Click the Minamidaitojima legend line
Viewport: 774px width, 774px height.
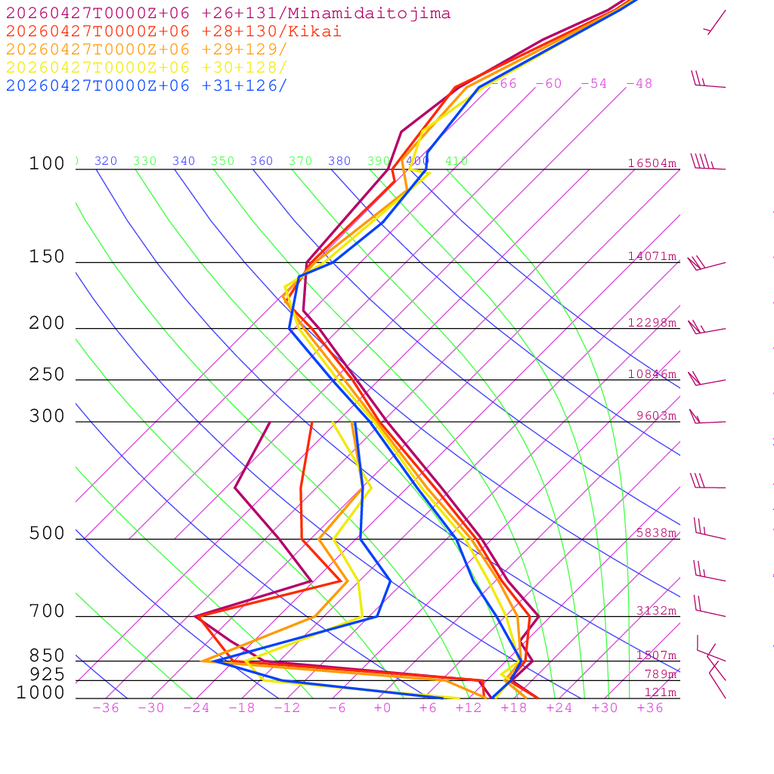point(228,14)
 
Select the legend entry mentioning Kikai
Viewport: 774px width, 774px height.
point(174,32)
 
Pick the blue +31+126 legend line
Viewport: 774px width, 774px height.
point(147,86)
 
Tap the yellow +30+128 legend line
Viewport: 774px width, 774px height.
point(147,68)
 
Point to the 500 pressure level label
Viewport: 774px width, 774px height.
point(47,534)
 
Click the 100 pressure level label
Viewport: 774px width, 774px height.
point(47,164)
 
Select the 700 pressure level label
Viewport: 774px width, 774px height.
point(47,611)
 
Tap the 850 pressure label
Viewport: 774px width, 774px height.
point(47,656)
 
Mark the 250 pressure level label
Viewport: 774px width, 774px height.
point(47,375)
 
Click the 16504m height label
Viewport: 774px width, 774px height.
point(652,163)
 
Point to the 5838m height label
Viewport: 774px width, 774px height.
point(656,533)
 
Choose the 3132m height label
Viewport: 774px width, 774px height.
point(656,611)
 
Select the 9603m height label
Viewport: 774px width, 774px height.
point(656,416)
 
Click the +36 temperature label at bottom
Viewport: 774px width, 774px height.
point(650,708)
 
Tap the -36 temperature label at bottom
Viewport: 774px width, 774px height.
point(106,708)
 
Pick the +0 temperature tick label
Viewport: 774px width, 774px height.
point(382,708)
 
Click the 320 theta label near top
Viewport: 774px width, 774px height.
point(106,161)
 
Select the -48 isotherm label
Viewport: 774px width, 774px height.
point(639,84)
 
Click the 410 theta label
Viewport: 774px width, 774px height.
point(457,161)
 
